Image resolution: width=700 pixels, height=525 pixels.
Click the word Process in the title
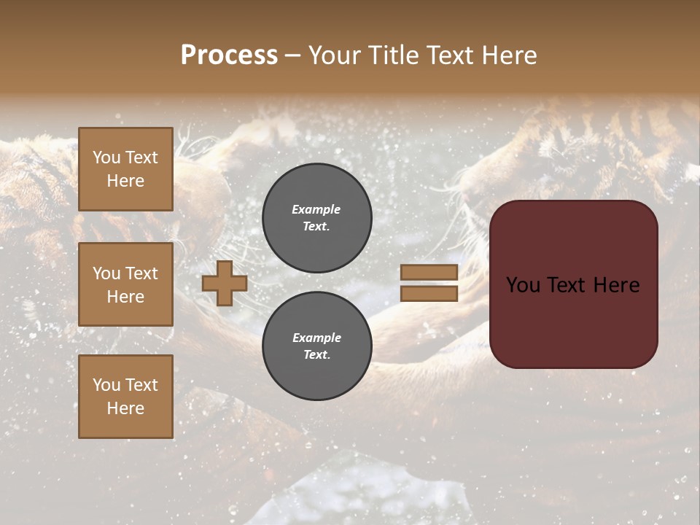(x=229, y=55)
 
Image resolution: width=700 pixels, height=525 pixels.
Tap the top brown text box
(x=125, y=169)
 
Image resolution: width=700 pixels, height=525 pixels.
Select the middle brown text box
(x=125, y=284)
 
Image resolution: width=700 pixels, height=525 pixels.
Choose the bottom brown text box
(x=125, y=397)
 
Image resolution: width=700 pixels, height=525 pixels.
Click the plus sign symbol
(x=225, y=283)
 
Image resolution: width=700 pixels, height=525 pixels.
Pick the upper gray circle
(x=316, y=217)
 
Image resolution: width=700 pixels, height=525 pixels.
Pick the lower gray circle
(x=316, y=346)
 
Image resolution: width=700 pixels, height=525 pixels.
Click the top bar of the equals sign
(x=429, y=273)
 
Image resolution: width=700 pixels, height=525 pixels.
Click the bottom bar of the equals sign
(x=429, y=293)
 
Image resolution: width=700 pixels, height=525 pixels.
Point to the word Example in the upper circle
(x=316, y=209)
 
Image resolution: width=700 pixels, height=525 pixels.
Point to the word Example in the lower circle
(x=316, y=338)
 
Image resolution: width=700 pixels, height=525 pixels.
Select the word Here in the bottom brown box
(x=125, y=408)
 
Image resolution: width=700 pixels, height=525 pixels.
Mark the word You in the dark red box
(x=523, y=285)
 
